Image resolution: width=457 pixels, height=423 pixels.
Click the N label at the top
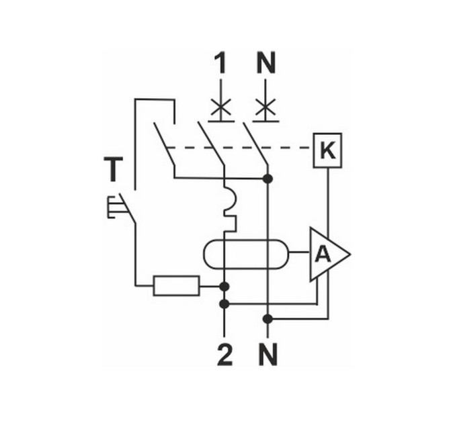[266, 64]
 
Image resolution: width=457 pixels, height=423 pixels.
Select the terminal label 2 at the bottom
[224, 355]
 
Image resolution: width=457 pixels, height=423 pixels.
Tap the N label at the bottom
[268, 355]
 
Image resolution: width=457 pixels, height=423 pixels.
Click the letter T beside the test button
[114, 169]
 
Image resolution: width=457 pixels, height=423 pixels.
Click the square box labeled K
[327, 150]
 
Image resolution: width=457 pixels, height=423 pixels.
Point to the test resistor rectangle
[177, 285]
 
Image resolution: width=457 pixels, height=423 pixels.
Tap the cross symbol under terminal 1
[221, 107]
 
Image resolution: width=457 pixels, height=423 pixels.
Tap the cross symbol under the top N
[265, 107]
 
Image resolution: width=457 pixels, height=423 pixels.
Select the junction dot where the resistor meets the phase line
[224, 287]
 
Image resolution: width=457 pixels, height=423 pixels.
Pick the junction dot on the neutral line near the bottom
[267, 320]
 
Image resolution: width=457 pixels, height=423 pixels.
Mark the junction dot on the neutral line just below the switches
[267, 179]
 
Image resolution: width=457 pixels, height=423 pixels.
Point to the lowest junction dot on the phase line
[224, 304]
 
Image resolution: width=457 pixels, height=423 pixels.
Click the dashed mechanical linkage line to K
[239, 148]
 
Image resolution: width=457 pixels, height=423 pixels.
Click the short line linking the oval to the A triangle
[299, 252]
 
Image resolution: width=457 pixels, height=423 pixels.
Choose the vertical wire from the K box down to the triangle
[328, 201]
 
